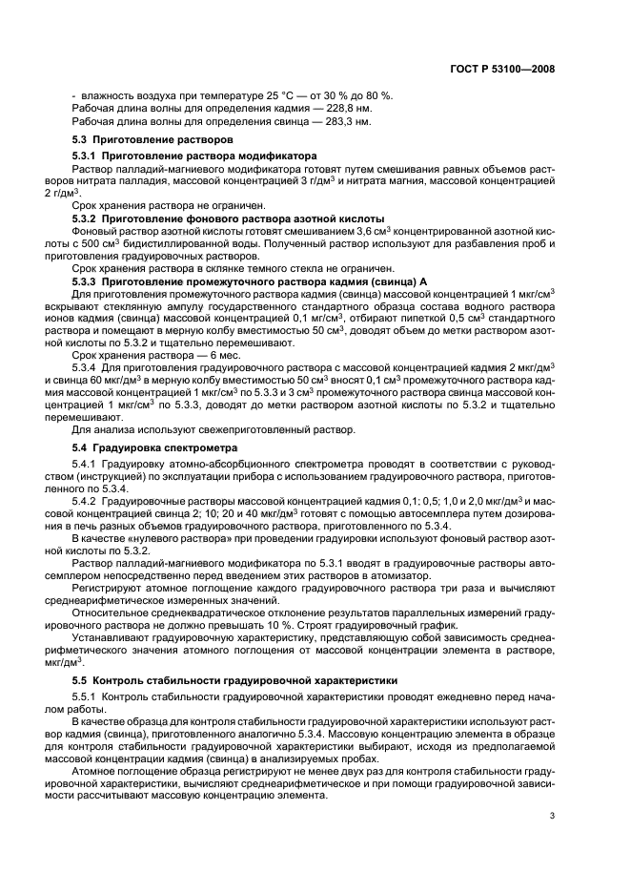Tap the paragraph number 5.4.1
pyautogui.click(x=87, y=463)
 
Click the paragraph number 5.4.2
pyautogui.click(x=87, y=500)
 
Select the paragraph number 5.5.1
pyautogui.click(x=87, y=696)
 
